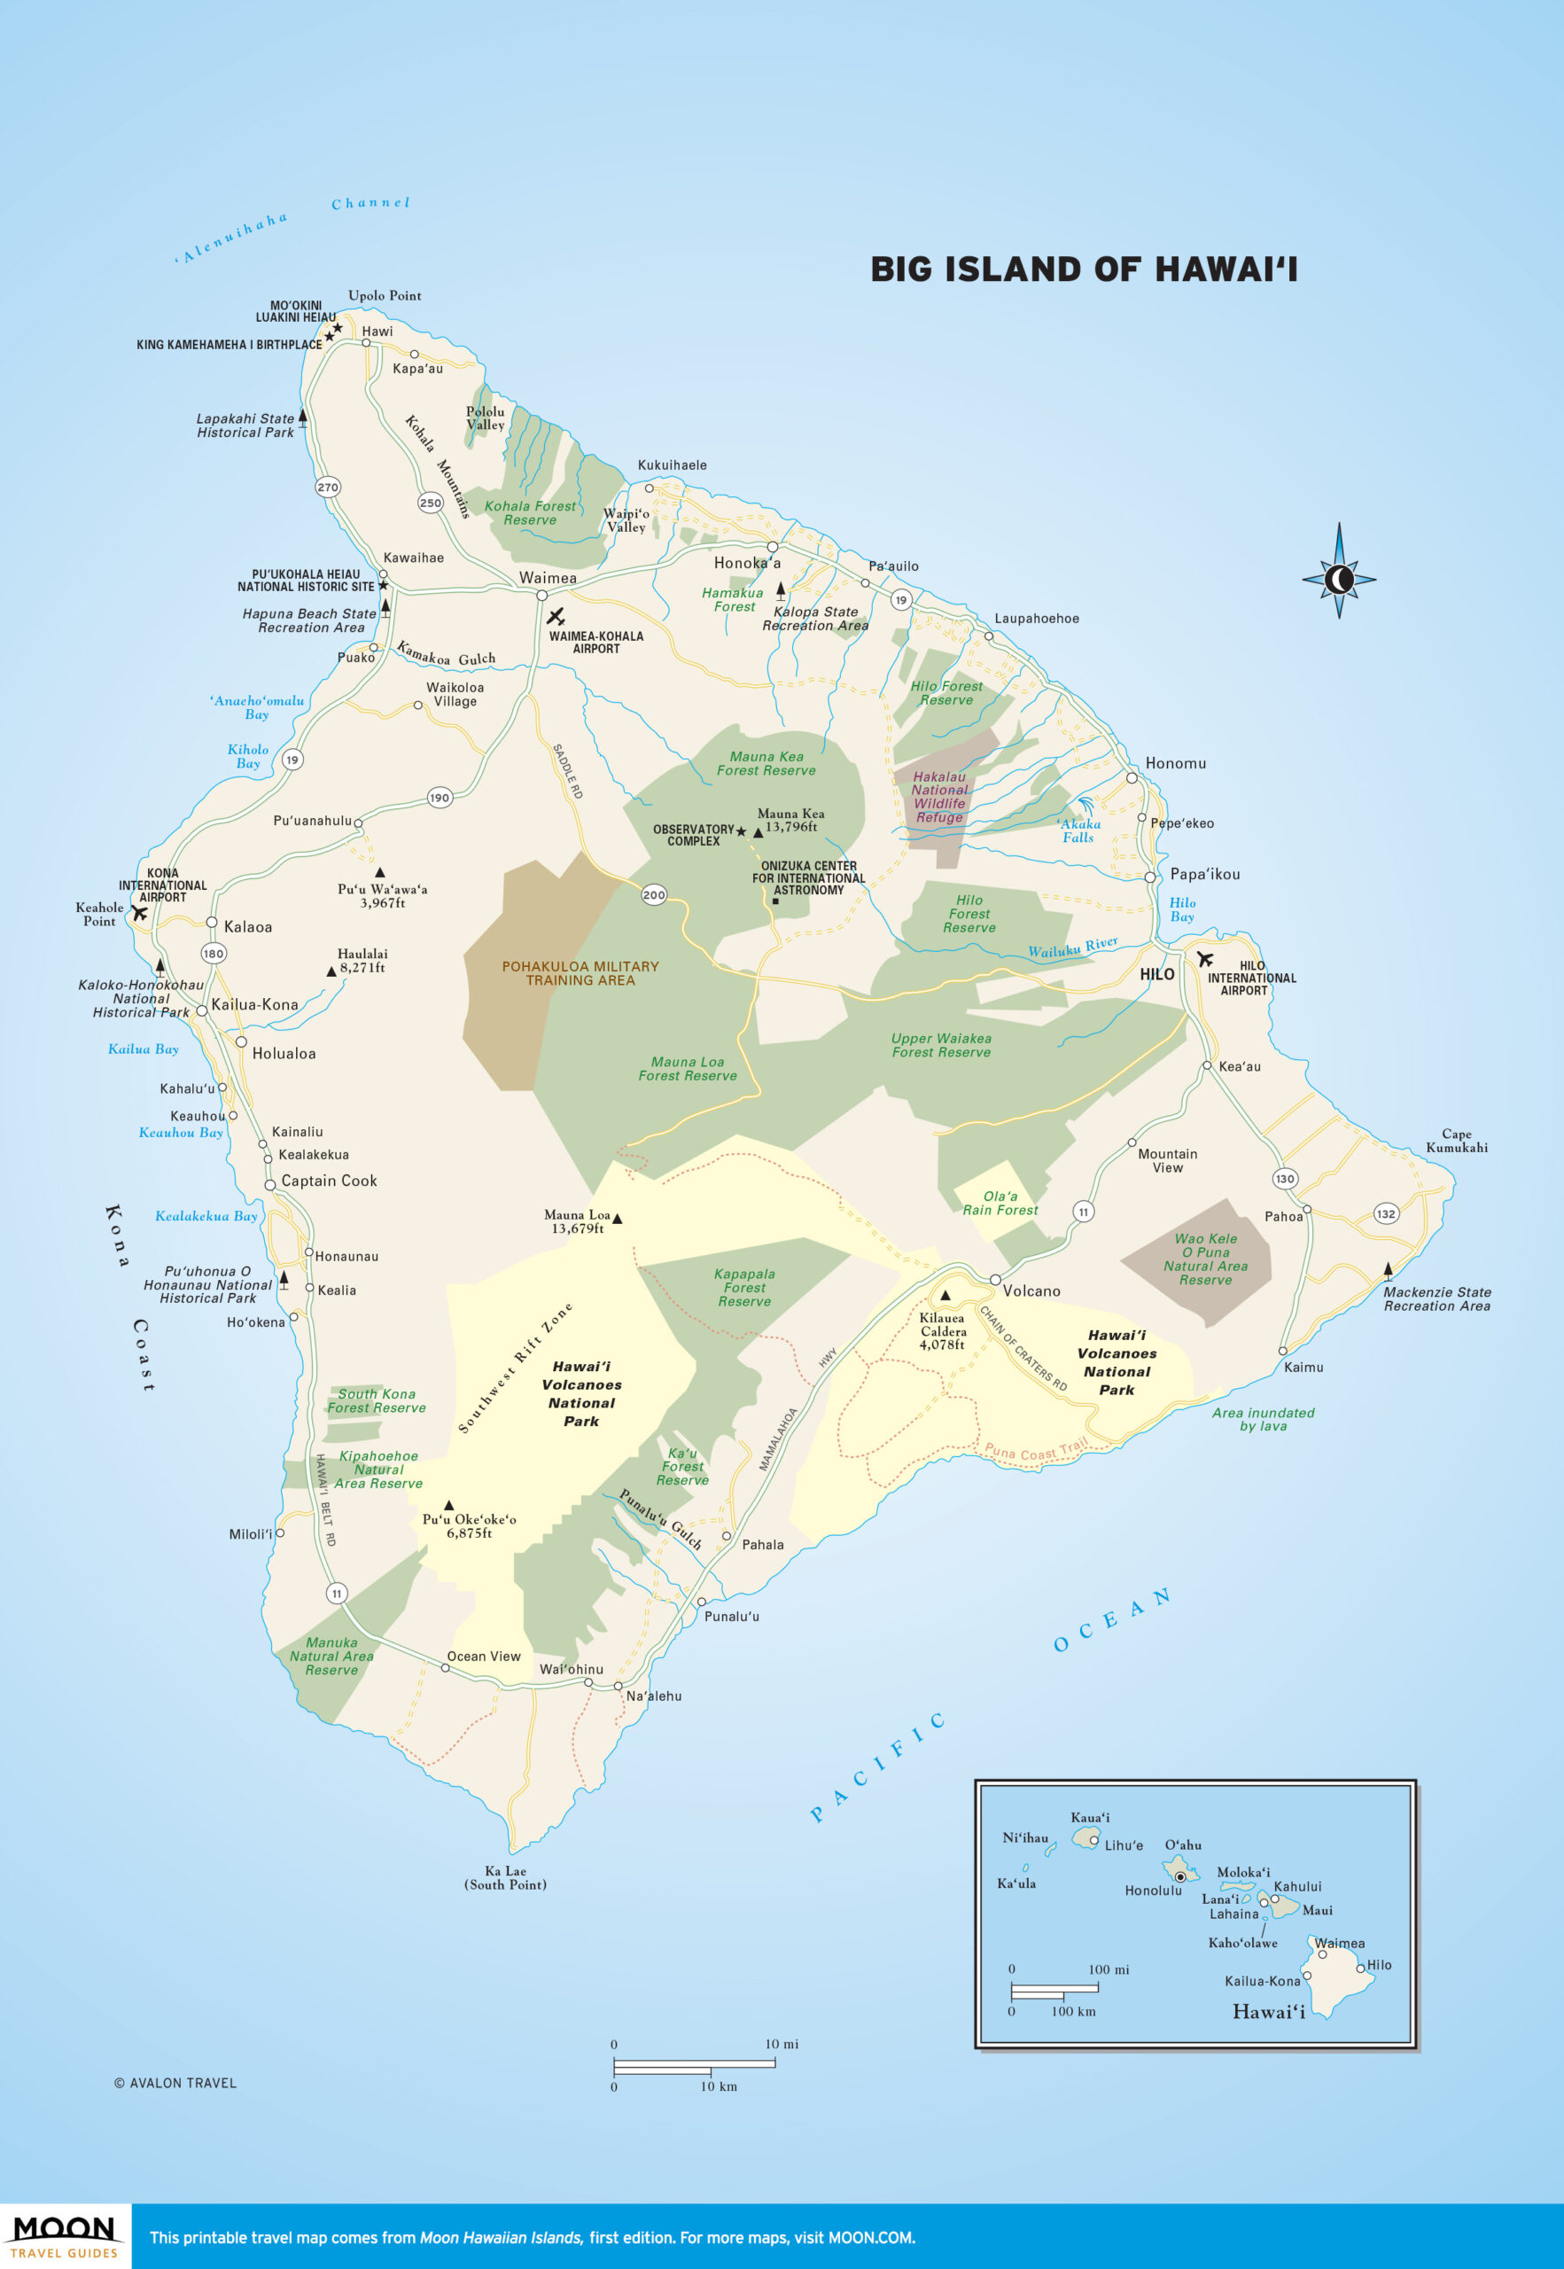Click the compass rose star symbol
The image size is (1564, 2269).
[x=1339, y=580]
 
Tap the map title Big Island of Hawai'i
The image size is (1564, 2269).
[x=1083, y=269]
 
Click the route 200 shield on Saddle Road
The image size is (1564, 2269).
[x=654, y=894]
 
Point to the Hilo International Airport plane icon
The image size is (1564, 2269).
[x=1203, y=959]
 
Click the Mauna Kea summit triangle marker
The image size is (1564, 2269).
[x=758, y=832]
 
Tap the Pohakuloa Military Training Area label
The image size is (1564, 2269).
[x=580, y=972]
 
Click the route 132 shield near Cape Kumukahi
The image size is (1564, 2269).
[x=1385, y=1213]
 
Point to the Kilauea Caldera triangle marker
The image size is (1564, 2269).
[x=945, y=1295]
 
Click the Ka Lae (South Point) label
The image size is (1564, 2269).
[x=505, y=1877]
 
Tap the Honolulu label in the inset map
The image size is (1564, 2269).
[x=1153, y=1890]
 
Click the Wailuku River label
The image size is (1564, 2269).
[x=1072, y=947]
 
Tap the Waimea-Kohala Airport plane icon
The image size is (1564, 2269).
[x=556, y=617]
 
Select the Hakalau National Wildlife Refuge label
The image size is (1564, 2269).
[x=938, y=796]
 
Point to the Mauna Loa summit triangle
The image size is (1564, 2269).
[x=617, y=1219]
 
